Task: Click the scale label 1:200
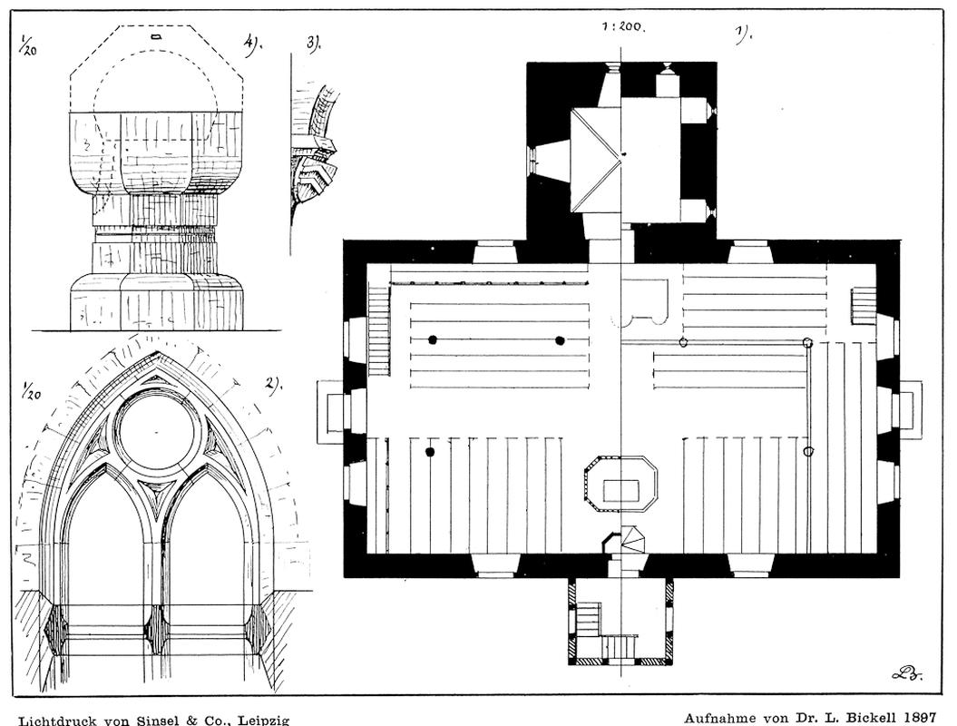tap(623, 27)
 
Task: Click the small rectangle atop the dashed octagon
tap(156, 37)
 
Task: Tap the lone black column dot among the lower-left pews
tap(430, 451)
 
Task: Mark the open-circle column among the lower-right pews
tap(809, 451)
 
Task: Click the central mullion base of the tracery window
tap(157, 626)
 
